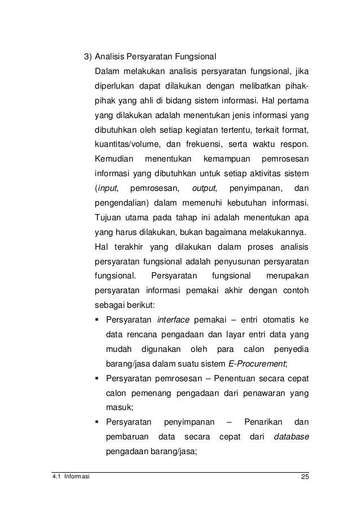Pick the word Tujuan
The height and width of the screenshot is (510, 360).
[108, 217]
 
